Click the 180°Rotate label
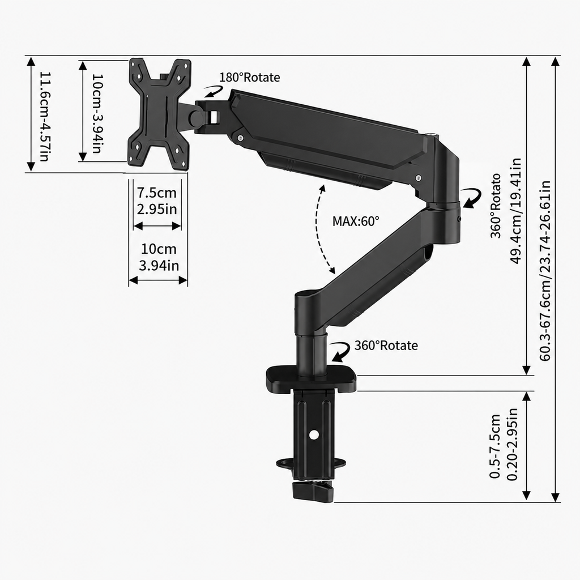pos(250,77)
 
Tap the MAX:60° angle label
pos(356,221)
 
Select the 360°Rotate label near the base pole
pos(386,346)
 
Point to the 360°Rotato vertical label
pos(496,206)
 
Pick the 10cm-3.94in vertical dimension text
pos(97,113)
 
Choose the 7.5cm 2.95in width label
pos(157,201)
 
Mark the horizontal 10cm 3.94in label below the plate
pos(159,257)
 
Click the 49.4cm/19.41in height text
pos(515,211)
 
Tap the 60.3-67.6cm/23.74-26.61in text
pos(545,270)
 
